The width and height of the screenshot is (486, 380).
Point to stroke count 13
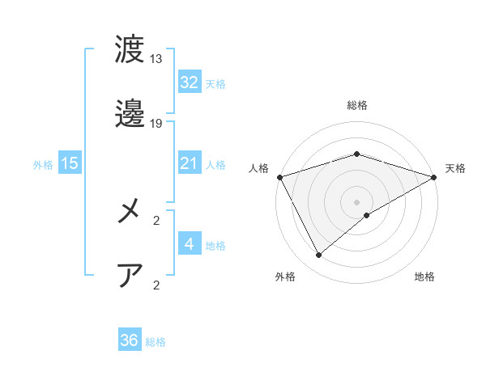point(156,59)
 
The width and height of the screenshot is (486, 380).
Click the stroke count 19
point(156,124)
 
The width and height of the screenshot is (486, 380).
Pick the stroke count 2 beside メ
point(156,219)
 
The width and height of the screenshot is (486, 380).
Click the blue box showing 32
point(189,82)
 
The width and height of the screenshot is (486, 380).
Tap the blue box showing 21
point(189,163)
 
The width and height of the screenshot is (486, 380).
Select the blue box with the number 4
point(189,243)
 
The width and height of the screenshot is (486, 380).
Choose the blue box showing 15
point(70,163)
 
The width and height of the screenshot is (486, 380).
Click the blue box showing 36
point(129,340)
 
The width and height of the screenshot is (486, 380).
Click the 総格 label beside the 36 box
point(156,342)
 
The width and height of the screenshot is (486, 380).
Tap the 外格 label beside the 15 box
point(43,165)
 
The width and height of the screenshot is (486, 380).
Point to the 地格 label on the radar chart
point(424,277)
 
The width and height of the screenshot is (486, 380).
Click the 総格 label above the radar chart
point(356,106)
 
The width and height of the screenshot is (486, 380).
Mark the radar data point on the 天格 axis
point(435,176)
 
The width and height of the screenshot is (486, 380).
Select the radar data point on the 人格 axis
point(279,177)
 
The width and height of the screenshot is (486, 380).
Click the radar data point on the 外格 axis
point(319,255)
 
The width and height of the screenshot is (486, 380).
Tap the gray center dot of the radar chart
point(357,201)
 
